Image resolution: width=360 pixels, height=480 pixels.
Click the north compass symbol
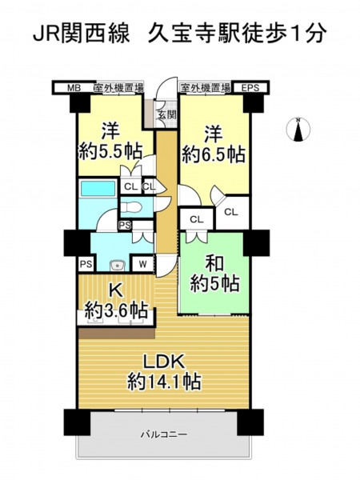[x=298, y=129]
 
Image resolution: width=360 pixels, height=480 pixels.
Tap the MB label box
[x=74, y=88]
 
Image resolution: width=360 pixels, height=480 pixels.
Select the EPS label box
[x=250, y=88]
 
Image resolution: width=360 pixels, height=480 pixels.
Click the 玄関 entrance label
[x=167, y=114]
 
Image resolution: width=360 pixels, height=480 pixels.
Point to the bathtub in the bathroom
[x=98, y=188]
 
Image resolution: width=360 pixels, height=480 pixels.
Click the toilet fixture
[x=131, y=207]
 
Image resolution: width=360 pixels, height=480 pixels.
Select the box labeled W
[x=142, y=264]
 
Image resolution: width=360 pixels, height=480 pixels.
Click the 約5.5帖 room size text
[x=111, y=151]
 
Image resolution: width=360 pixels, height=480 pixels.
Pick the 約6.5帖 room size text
[x=214, y=154]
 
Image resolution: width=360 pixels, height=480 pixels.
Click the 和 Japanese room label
[x=214, y=264]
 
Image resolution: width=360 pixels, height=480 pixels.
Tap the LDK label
[x=164, y=362]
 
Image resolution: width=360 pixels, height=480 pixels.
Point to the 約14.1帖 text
[x=164, y=382]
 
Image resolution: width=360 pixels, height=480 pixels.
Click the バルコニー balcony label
[x=164, y=434]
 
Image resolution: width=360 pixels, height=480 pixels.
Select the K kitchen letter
[x=116, y=291]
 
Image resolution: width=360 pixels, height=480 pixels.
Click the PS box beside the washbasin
[x=86, y=264]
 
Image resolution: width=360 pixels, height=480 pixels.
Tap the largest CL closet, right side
[x=232, y=212]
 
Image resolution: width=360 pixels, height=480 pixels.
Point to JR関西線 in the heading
[x=81, y=34]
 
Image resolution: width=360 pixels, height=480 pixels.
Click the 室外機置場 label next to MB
[x=118, y=88]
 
